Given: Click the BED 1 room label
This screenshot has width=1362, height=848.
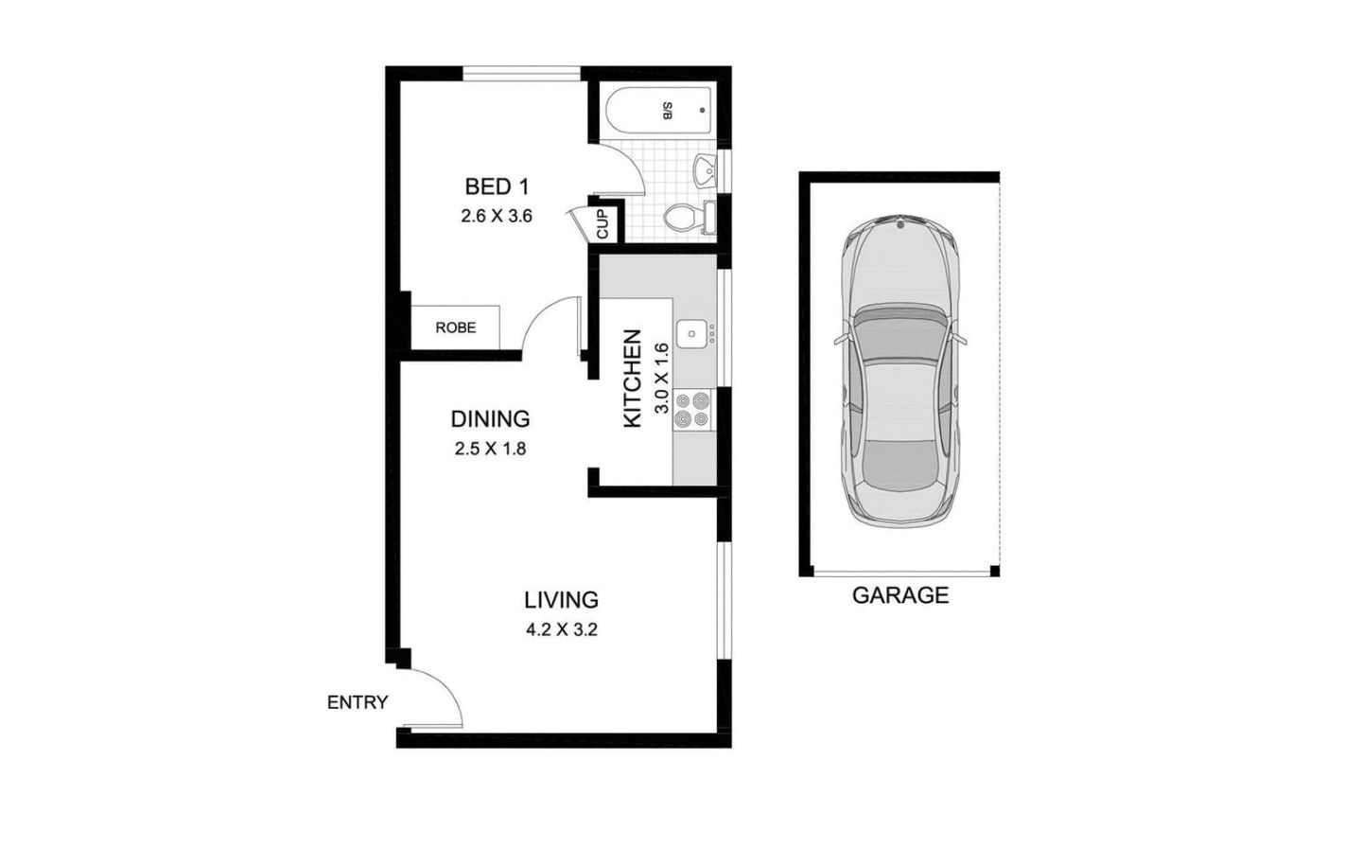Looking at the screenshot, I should pyautogui.click(x=497, y=186).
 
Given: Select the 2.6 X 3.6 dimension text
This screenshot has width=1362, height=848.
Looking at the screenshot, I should pyautogui.click(x=497, y=216).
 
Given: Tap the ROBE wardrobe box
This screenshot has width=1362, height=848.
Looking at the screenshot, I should pyautogui.click(x=455, y=327).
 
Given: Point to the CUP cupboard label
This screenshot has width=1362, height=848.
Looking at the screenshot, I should pyautogui.click(x=602, y=223).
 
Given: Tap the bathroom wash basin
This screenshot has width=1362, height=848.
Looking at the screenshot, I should pyautogui.click(x=705, y=171).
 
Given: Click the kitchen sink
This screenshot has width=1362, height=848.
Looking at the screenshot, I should pyautogui.click(x=691, y=333).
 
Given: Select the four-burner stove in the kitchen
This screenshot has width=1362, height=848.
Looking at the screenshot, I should pyautogui.click(x=691, y=409).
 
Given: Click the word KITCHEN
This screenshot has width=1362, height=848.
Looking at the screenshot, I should pyautogui.click(x=633, y=379).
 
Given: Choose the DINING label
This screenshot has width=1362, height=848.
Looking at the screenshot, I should pyautogui.click(x=490, y=418).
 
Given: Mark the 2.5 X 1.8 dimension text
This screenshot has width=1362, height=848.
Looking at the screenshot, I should pyautogui.click(x=490, y=449).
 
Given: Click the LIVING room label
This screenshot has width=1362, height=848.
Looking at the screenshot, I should pyautogui.click(x=562, y=599).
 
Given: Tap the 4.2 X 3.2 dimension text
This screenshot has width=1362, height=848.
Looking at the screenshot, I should pyautogui.click(x=562, y=629).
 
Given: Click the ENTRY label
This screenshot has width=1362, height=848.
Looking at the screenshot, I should pyautogui.click(x=358, y=702).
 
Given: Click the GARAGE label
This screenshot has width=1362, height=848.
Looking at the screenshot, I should pyautogui.click(x=899, y=595).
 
